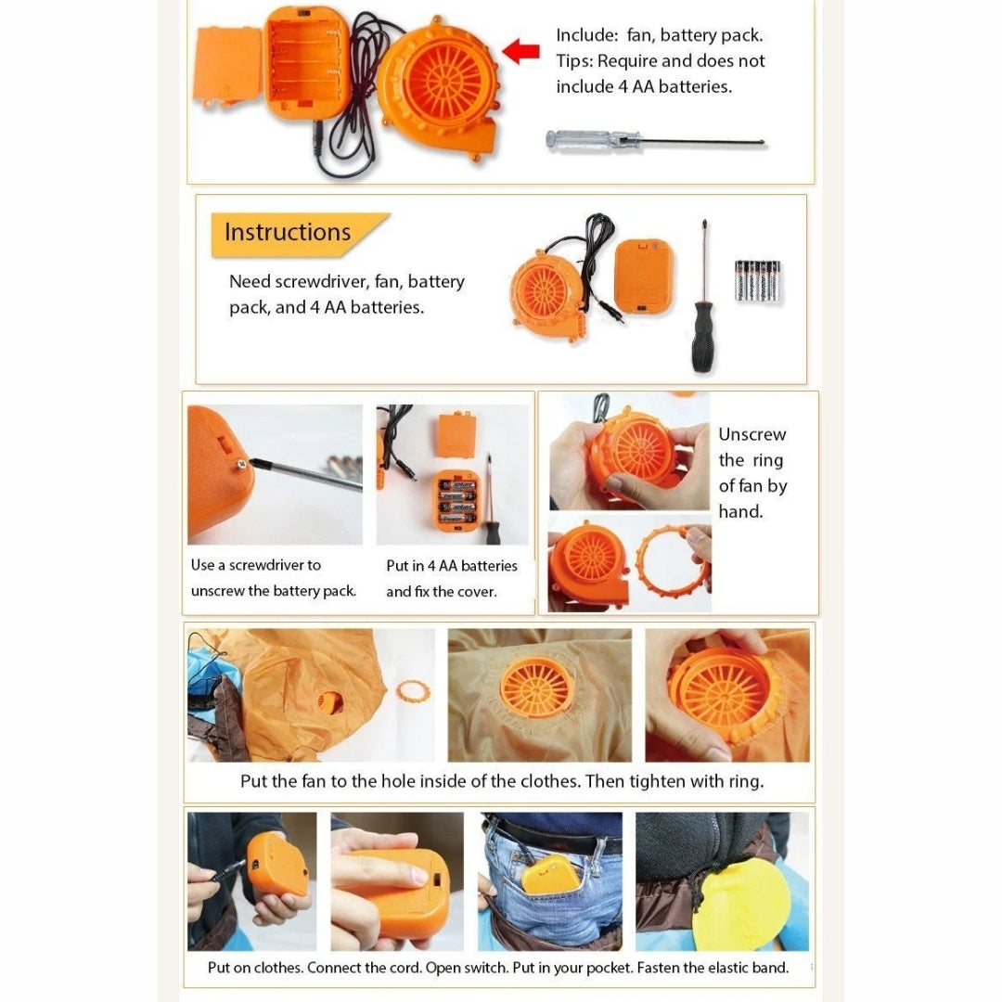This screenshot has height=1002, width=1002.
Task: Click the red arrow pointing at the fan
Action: point(521,51)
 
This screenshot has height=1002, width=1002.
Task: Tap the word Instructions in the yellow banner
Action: point(288,232)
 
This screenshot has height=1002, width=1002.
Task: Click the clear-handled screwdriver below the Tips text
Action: point(656,141)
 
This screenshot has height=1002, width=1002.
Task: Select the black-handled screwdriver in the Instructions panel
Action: point(703,296)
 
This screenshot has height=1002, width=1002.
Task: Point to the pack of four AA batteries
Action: point(758,280)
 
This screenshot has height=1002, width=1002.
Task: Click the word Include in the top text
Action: point(586,35)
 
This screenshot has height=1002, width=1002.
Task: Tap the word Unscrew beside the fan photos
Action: point(752,434)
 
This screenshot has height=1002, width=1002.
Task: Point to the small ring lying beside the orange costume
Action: point(413,691)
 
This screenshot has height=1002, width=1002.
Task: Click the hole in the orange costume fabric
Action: point(331,701)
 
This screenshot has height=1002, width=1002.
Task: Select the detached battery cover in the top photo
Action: point(227,66)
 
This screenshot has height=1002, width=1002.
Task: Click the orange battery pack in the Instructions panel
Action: point(644,276)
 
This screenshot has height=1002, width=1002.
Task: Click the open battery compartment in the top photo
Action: point(305,63)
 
